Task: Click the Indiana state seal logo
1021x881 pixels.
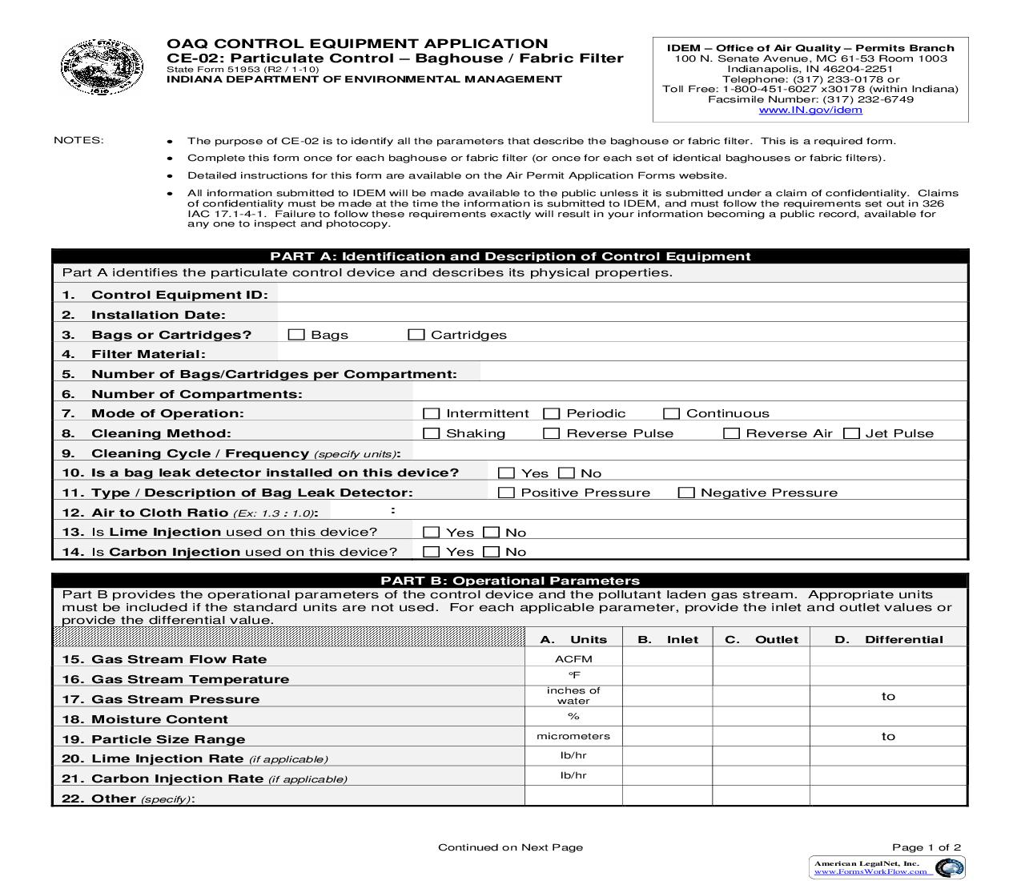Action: [x=102, y=68]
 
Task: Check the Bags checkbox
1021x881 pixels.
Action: [x=296, y=335]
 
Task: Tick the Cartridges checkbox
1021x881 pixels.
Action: [x=416, y=335]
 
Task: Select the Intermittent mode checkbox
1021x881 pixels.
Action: [x=432, y=413]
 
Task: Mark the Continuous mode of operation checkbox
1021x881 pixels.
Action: [x=672, y=413]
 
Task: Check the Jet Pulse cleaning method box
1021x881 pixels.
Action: [x=852, y=433]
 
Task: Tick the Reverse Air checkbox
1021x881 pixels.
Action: [x=731, y=433]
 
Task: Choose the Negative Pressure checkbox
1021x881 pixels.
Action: [x=686, y=493]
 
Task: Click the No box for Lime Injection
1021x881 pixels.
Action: [x=492, y=533]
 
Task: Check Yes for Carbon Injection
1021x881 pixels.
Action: [x=432, y=552]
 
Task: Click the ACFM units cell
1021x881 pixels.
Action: [x=573, y=658]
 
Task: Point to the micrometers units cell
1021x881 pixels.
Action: [x=573, y=736]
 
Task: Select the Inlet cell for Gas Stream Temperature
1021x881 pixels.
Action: [x=667, y=677]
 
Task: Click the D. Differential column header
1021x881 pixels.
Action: [x=888, y=639]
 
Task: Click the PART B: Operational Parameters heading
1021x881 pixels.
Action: [x=510, y=581]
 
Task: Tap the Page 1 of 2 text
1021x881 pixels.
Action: [x=927, y=847]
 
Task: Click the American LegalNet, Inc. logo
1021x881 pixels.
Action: [x=886, y=867]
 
